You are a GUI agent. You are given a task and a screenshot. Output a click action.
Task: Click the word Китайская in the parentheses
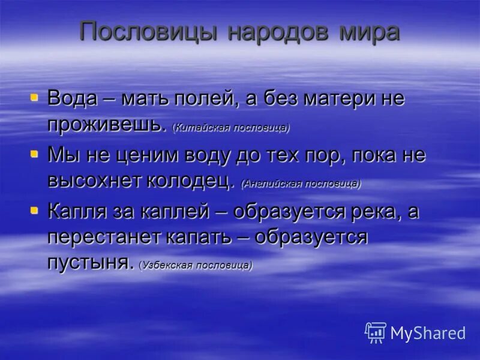(x=201, y=128)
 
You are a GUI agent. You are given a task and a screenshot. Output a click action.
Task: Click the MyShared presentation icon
(x=375, y=332)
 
